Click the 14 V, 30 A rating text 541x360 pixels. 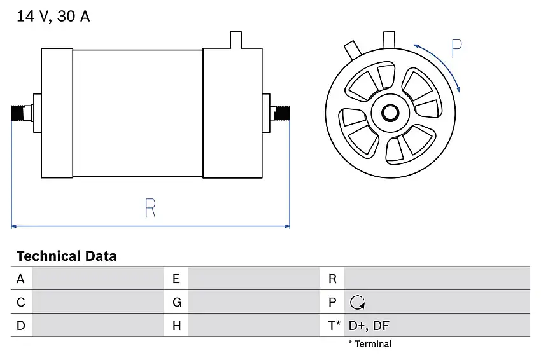click(53, 16)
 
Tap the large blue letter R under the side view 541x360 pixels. click(150, 208)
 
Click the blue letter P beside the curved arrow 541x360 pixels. click(456, 48)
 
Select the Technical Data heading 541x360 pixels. click(67, 256)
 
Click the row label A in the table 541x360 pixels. click(20, 279)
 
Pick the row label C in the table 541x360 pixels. click(21, 302)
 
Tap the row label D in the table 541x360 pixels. click(21, 326)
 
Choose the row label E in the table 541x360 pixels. click(176, 279)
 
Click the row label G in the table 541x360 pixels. click(177, 302)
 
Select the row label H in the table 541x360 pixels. click(177, 326)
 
